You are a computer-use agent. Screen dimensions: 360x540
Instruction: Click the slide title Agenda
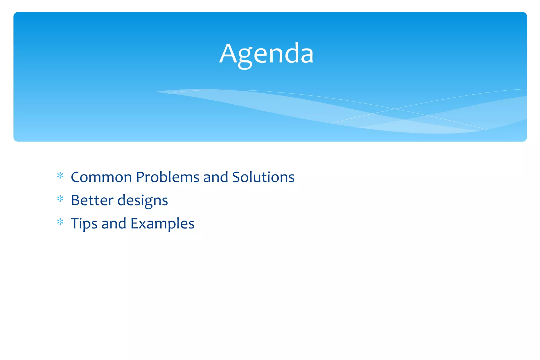[x=266, y=54]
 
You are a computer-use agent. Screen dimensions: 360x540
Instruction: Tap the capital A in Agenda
[x=228, y=54]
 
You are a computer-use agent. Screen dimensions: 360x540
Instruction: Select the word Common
[x=101, y=177]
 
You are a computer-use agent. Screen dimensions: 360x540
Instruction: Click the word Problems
[x=168, y=177]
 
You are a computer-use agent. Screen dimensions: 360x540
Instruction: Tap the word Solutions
[x=263, y=177]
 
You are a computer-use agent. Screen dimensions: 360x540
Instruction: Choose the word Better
[x=92, y=200]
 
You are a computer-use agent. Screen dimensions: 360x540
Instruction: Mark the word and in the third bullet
[x=114, y=223]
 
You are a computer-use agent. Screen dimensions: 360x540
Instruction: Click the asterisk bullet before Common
[x=60, y=176]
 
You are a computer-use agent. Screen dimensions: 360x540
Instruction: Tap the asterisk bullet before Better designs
[x=60, y=199]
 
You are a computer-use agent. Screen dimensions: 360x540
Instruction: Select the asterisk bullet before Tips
[x=60, y=222]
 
